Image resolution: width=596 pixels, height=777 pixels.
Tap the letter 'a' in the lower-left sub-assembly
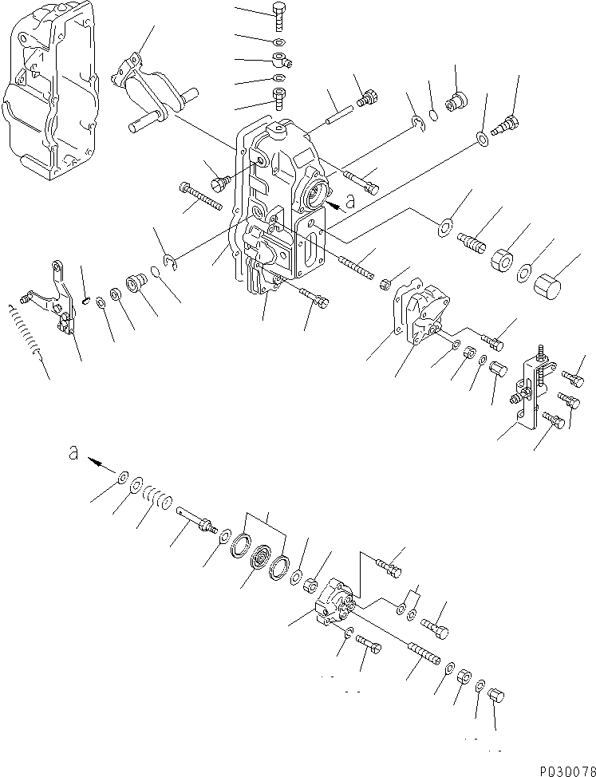[73, 452]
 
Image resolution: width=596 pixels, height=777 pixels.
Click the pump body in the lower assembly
[338, 607]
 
